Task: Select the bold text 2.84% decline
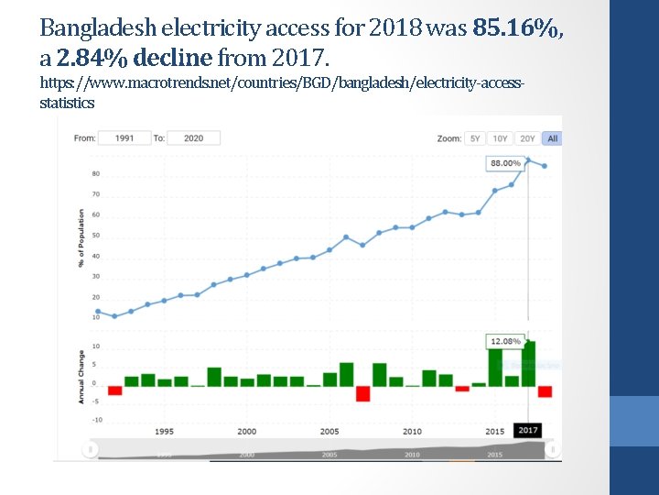pos(134,59)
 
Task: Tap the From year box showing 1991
pos(124,138)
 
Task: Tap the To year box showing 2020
pos(193,138)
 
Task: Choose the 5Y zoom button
pos(474,138)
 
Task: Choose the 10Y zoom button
pos(500,138)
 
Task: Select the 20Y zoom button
pos(527,138)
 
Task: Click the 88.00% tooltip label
pos(505,163)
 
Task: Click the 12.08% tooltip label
pos(505,341)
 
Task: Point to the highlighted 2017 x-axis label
pos(528,431)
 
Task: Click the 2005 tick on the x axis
pos(329,431)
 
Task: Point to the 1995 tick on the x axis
pos(165,431)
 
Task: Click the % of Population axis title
pos(81,238)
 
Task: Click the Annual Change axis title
pos(81,377)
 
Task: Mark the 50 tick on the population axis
pos(96,236)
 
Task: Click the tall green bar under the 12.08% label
pos(528,364)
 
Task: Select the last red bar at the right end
pos(546,391)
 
